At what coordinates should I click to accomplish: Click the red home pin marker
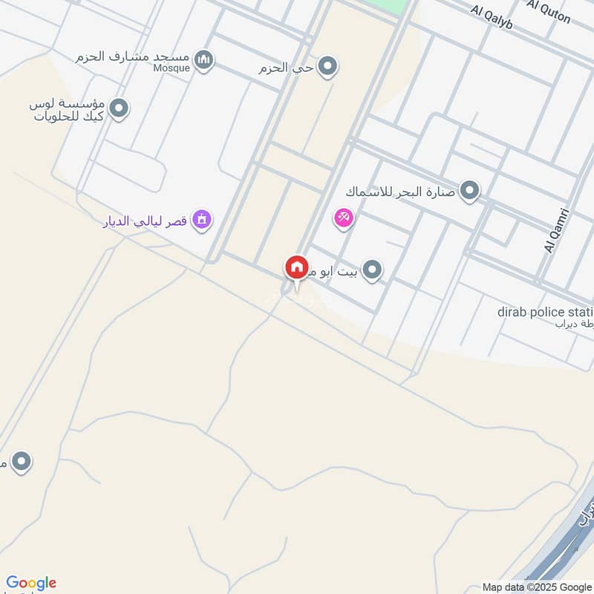click(x=296, y=267)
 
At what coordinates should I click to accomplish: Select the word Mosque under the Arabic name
click(x=172, y=68)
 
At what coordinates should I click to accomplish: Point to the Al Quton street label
click(x=549, y=11)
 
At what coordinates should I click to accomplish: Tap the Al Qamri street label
click(x=552, y=230)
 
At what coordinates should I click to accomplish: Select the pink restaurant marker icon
click(x=345, y=218)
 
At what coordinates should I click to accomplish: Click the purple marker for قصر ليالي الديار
click(x=201, y=219)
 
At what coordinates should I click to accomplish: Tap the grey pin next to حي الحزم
click(x=327, y=68)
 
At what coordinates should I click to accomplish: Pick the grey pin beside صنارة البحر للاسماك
click(x=469, y=192)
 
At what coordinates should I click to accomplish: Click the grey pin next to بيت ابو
click(x=373, y=271)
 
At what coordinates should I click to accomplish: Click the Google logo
click(x=31, y=583)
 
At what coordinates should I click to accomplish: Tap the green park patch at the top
click(x=394, y=7)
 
